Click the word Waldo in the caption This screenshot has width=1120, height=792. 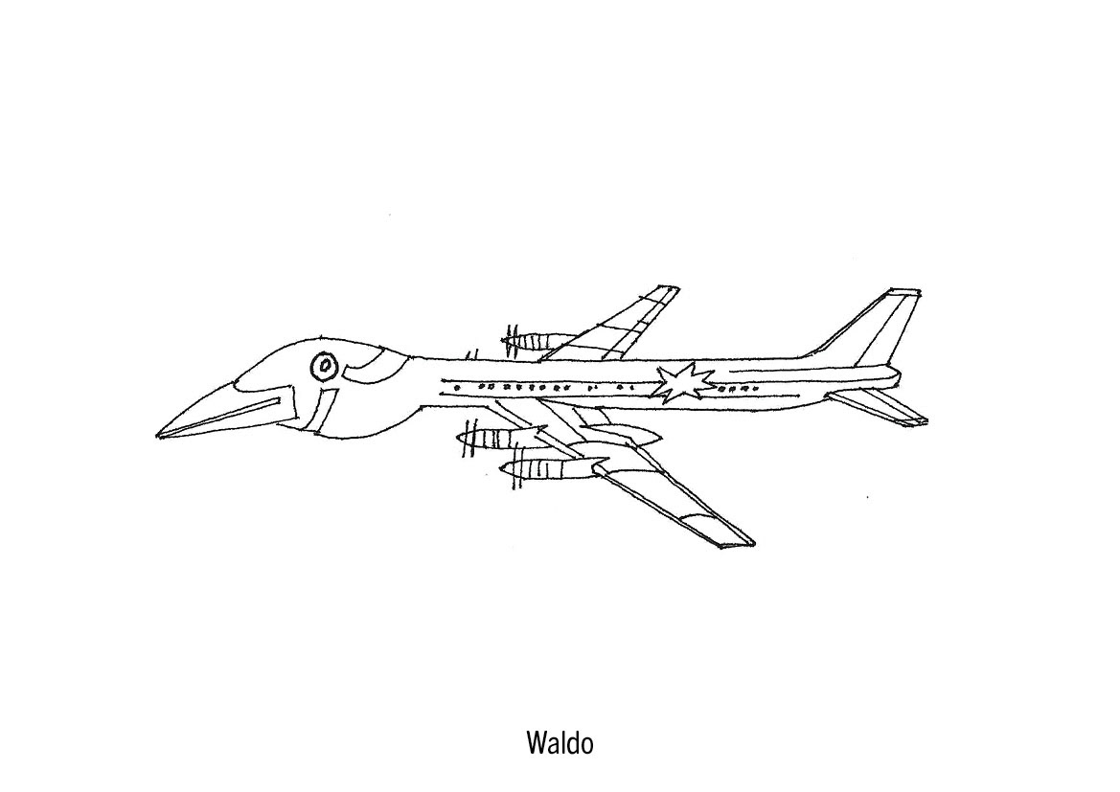click(x=560, y=743)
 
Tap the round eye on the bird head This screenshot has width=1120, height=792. click(x=324, y=365)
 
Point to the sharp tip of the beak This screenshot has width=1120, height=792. click(x=159, y=436)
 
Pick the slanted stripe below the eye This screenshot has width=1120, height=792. click(x=324, y=407)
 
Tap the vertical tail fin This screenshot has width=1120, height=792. click(x=872, y=330)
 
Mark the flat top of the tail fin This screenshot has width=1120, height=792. click(x=904, y=290)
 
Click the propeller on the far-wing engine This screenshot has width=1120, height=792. click(x=508, y=336)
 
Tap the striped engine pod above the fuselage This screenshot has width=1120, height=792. click(x=542, y=339)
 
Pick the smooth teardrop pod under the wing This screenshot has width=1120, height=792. click(x=623, y=438)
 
